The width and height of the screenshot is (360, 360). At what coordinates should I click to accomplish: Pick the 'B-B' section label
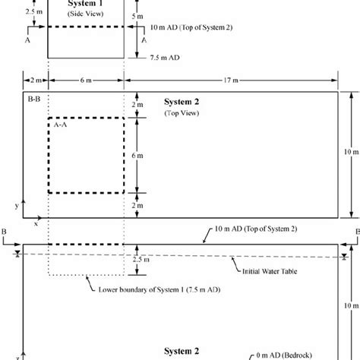[x=33, y=99]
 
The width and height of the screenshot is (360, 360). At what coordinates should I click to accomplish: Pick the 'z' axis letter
[x=28, y=350]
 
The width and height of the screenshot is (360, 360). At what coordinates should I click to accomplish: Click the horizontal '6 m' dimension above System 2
[x=86, y=80]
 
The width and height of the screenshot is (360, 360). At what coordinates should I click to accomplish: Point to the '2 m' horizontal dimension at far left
[x=35, y=80]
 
